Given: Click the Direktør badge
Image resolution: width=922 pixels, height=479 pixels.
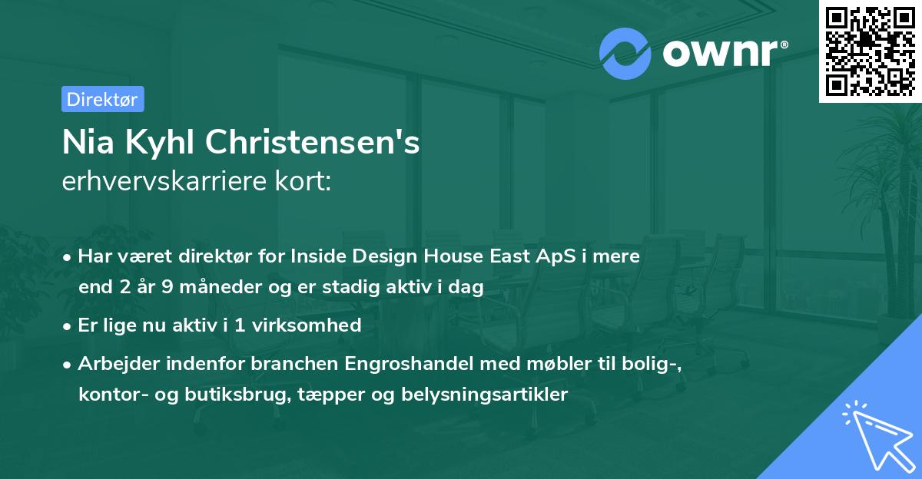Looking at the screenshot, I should point(102,99).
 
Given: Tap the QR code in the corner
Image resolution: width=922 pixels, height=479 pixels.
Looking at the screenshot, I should point(870,51).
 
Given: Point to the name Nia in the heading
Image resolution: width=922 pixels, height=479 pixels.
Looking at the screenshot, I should point(84,143).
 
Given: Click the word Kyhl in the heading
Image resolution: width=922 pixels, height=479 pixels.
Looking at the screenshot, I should point(151,144).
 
